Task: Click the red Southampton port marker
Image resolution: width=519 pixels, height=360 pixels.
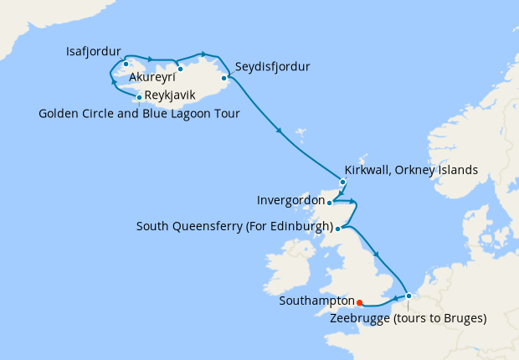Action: [x=358, y=303]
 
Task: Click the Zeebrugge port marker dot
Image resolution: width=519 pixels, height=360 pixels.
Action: [x=408, y=296]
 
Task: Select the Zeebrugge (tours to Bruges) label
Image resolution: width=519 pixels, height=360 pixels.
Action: [x=408, y=319]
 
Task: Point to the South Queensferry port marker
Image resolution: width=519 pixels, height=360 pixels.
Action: [x=337, y=228]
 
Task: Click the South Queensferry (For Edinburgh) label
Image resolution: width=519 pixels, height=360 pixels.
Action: [x=234, y=228]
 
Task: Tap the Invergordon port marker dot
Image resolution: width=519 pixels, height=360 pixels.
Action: [x=329, y=202]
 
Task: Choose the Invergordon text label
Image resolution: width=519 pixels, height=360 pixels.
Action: [x=290, y=201]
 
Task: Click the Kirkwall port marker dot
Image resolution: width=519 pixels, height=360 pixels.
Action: [x=342, y=182]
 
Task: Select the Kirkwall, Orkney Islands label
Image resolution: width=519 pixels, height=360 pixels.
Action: [x=411, y=170]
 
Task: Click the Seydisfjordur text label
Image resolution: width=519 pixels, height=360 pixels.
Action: [x=273, y=66]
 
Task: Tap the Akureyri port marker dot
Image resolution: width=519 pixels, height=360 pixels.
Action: [x=179, y=69]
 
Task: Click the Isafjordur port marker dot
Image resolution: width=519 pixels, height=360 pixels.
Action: [x=126, y=64]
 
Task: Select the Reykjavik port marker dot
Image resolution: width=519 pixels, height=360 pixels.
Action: [x=139, y=97]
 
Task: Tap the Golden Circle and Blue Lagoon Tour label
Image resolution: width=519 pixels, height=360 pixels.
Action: [x=139, y=114]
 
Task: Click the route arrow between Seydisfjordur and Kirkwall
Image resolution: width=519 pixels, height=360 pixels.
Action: [x=278, y=129]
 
